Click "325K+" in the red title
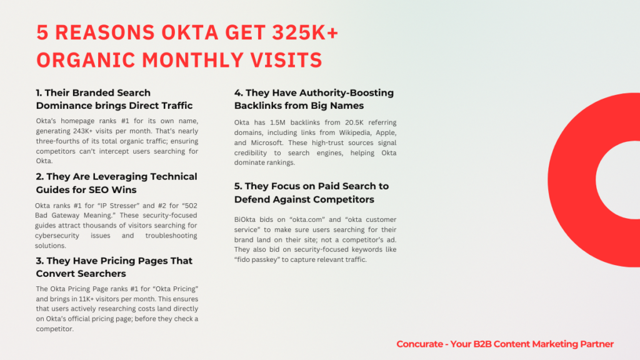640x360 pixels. [305, 32]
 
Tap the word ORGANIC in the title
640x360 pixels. [86, 60]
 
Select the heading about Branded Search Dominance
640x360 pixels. [114, 99]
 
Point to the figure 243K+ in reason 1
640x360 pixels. [84, 131]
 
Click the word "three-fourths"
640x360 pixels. [55, 141]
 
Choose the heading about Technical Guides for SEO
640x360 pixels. [116, 183]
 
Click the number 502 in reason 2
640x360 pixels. [191, 205]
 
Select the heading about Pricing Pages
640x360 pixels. [114, 267]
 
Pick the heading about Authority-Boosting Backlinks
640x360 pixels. [314, 99]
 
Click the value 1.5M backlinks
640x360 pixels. [277, 122]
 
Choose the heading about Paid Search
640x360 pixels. [311, 192]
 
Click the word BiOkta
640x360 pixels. [245, 219]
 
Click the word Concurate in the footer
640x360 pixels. [419, 344]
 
